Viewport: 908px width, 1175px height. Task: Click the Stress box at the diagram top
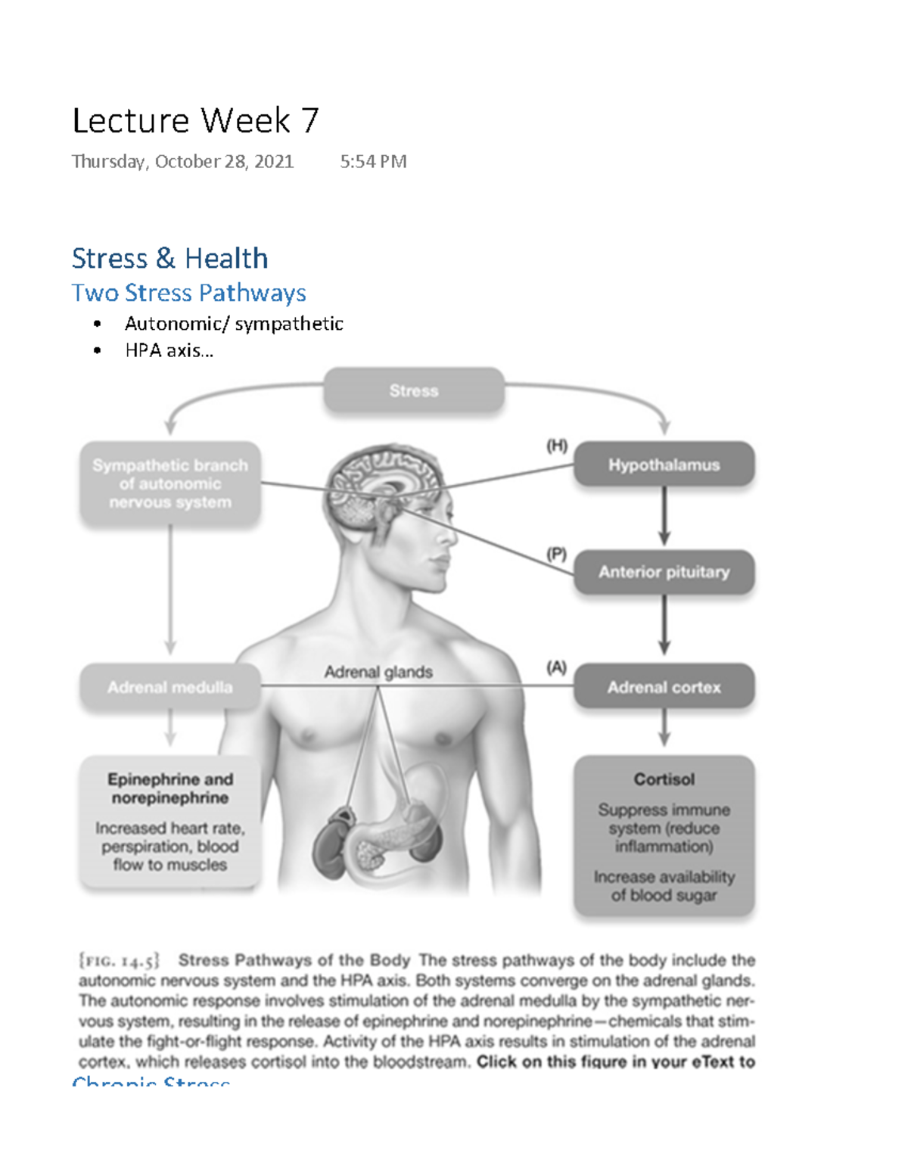coord(414,390)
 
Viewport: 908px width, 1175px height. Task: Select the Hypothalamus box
coord(664,465)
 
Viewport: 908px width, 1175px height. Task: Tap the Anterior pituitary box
coord(664,572)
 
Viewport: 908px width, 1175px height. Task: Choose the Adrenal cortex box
coord(664,687)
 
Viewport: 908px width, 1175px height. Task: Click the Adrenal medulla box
coord(170,687)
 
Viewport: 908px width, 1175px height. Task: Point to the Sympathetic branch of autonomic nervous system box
coord(170,483)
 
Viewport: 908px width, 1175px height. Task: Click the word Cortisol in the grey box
coord(664,779)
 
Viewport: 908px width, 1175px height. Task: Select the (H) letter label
coord(557,446)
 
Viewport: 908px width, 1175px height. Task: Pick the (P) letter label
coord(557,554)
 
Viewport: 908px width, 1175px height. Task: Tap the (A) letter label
coord(557,667)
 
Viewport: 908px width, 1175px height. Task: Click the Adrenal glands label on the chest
coord(378,672)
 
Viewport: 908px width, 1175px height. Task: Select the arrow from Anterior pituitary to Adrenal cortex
coord(664,625)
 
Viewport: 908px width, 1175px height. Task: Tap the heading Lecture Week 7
coord(195,121)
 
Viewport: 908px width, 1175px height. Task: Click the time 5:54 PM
coord(373,161)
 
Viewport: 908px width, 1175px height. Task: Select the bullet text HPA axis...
coord(169,350)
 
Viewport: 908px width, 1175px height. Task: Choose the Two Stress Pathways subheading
coord(188,293)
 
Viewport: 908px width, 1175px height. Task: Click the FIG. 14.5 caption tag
coord(119,961)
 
